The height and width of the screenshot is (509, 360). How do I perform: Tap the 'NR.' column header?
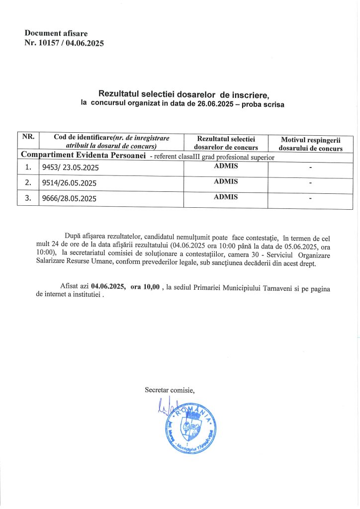[x=28, y=138]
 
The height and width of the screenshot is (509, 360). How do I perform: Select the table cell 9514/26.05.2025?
[x=70, y=183]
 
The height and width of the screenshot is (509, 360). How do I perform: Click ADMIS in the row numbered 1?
[x=225, y=166]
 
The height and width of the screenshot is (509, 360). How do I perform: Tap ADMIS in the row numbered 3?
[x=225, y=197]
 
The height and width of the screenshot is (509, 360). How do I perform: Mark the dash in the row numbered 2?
[x=310, y=183]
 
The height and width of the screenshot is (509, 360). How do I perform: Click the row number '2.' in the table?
[x=28, y=182]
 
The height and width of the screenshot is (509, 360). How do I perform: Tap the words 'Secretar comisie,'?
[x=170, y=390]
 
